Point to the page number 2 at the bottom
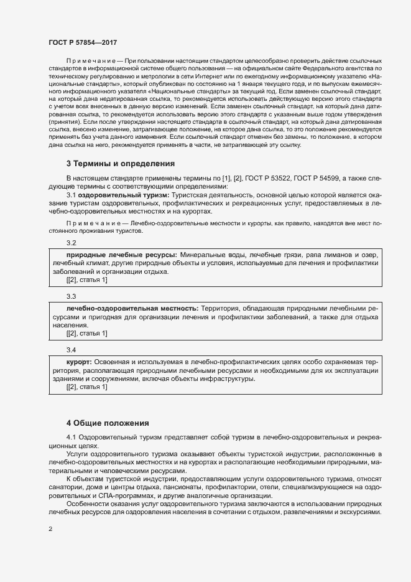point(50,529)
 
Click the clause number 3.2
point(71,242)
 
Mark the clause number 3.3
point(71,296)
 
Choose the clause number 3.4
point(71,350)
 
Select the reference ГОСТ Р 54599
point(326,178)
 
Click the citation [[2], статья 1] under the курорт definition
point(87,388)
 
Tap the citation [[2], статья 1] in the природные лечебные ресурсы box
point(87,280)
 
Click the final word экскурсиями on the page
point(359,511)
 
